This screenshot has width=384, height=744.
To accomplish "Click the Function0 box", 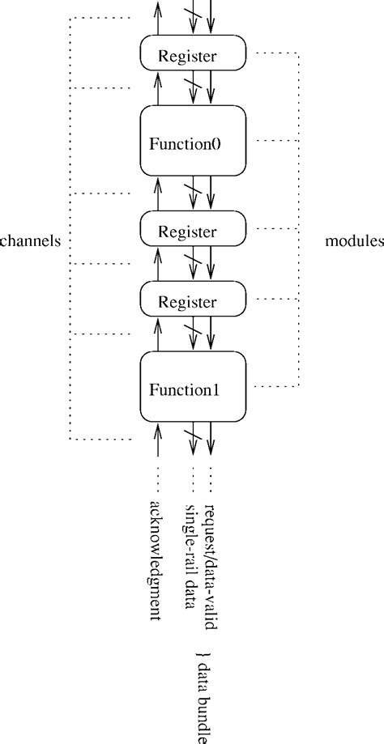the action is coord(193,140).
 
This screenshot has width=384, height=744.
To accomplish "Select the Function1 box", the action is coord(193,386).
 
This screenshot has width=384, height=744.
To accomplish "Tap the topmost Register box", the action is coord(193,52).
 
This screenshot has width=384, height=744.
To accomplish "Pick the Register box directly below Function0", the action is coord(193,228).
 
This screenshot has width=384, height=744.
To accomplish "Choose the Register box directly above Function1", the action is coord(193,299).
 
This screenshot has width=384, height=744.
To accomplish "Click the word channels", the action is coord(30,241).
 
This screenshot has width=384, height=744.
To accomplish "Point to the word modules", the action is coord(354,241).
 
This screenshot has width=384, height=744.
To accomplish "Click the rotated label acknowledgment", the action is coord(156,560).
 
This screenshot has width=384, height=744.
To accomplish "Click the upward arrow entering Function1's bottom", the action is coord(157,439).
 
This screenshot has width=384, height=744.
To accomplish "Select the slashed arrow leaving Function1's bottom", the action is coord(193,439).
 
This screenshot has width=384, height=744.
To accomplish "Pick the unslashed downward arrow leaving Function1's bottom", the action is coord(211,439).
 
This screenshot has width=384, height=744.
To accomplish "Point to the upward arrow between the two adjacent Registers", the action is coord(157,263).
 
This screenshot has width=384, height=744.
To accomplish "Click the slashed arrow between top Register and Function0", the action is coord(193,87).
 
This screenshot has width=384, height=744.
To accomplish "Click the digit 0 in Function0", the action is coord(216,144).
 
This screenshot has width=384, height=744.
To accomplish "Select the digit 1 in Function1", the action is coord(216,390).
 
